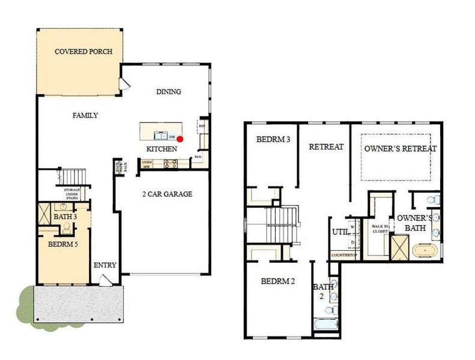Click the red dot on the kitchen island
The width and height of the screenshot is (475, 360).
pyautogui.click(x=180, y=138)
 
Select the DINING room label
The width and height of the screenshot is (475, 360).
pyautogui.click(x=168, y=92)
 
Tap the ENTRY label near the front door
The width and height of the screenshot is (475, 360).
pyautogui.click(x=104, y=265)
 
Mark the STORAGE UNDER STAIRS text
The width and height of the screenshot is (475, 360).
pyautogui.click(x=73, y=193)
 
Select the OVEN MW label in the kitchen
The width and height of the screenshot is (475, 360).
pyautogui.click(x=146, y=163)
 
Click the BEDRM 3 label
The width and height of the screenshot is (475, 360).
pyautogui.click(x=273, y=140)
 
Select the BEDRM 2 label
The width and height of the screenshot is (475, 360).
pyautogui.click(x=277, y=281)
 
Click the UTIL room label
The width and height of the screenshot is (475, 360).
pyautogui.click(x=340, y=231)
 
